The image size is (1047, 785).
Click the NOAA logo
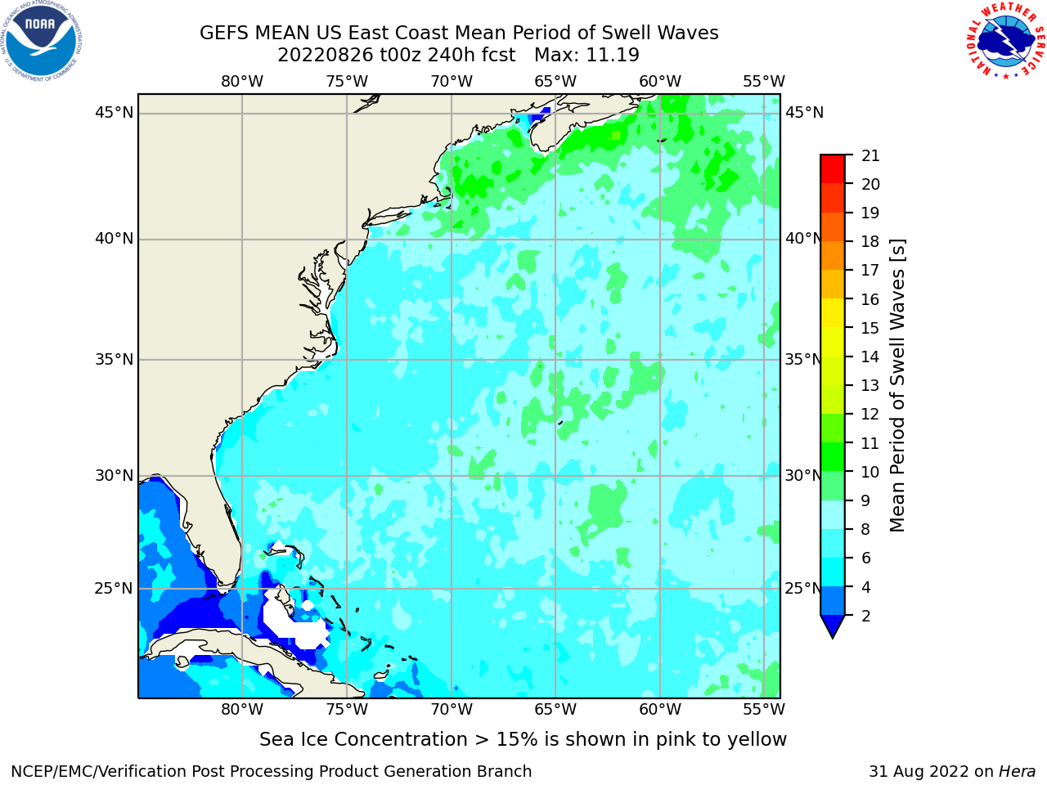click(42, 41)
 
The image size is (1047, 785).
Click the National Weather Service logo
click(1005, 41)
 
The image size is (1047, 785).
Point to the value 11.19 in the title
click(613, 56)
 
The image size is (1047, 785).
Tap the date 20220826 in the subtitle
click(326, 56)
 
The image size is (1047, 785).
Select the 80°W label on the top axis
click(242, 82)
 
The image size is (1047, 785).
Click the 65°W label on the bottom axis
click(555, 710)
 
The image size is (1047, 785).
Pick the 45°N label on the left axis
click(114, 113)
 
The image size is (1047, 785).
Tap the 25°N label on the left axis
click(114, 589)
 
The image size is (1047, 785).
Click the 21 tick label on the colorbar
click(870, 156)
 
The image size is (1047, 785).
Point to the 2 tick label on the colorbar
click(866, 616)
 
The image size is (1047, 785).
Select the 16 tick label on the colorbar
click(870, 299)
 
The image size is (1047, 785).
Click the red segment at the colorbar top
click(833, 169)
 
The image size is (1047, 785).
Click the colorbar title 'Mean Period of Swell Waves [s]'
click(897, 386)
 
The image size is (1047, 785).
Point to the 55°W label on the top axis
click(764, 82)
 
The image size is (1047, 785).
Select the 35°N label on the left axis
click(114, 359)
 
